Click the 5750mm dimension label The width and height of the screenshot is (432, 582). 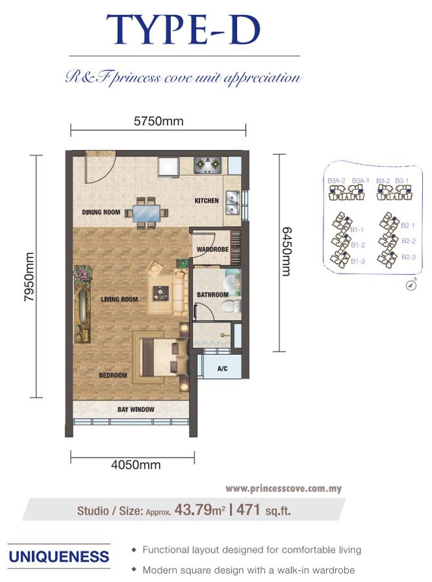158,121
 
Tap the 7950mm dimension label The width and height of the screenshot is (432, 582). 29,277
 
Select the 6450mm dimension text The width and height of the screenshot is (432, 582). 287,251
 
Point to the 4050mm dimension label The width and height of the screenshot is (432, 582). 136,465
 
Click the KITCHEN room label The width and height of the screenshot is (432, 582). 207,201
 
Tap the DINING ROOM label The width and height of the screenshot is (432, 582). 101,212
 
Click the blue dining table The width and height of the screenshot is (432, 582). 147,213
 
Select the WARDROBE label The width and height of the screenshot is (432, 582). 213,249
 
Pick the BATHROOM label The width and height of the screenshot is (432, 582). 213,295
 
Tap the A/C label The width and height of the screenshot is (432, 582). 223,369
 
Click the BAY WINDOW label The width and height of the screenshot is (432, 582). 136,409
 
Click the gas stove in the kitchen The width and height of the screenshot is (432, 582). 207,165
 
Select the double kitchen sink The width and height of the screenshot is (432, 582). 232,204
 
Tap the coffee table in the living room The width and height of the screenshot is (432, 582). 161,293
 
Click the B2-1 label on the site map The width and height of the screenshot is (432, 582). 408,225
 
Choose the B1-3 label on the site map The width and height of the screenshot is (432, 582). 358,261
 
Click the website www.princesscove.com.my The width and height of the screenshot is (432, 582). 283,488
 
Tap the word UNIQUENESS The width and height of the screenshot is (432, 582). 59,556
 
